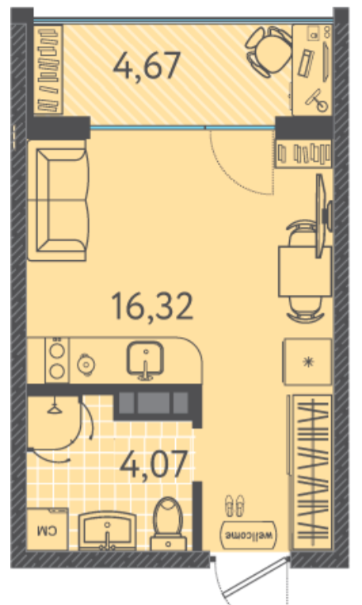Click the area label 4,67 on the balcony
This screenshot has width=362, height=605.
point(147,66)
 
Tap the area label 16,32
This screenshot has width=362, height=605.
point(152,307)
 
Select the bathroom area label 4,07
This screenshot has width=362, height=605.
point(154,464)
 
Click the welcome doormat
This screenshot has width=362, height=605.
point(249,535)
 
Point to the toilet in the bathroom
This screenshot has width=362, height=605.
point(168,524)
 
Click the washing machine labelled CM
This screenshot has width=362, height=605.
point(48,529)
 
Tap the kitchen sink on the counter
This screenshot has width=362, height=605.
point(145,360)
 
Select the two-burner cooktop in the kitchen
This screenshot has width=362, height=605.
point(57,360)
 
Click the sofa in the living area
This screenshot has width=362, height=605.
point(58,200)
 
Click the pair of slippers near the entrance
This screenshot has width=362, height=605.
point(234,506)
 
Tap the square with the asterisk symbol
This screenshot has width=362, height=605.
point(307,362)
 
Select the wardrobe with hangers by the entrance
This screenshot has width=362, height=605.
point(311,472)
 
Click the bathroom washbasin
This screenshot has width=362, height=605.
point(107,531)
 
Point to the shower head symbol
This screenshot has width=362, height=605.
point(55,408)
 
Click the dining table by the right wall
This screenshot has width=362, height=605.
point(304,272)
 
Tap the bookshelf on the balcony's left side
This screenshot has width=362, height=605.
point(48,70)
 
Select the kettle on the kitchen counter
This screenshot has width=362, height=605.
point(86,363)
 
